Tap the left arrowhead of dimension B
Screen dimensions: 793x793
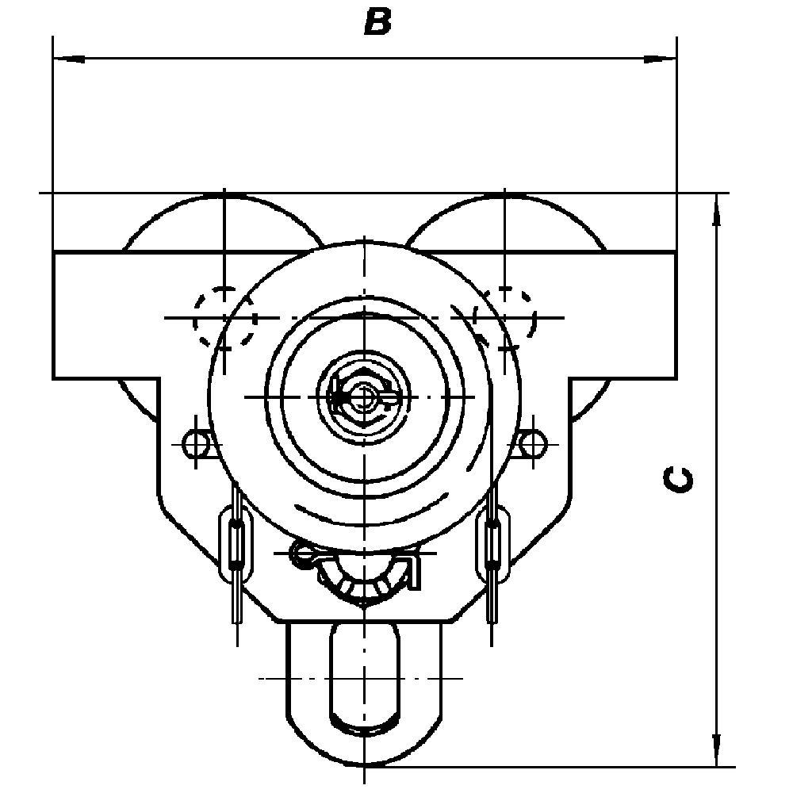[x=69, y=59]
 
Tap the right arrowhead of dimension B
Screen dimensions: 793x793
[x=660, y=59]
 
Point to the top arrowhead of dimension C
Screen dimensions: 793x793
[x=716, y=209]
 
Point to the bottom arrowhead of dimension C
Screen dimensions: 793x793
[x=716, y=750]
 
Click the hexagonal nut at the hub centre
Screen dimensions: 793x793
[x=363, y=396]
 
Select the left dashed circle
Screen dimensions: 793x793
[x=224, y=317]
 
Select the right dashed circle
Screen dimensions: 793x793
[x=504, y=317]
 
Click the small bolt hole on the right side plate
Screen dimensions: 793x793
[x=533, y=443]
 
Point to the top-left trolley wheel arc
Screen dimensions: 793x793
[x=224, y=198]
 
